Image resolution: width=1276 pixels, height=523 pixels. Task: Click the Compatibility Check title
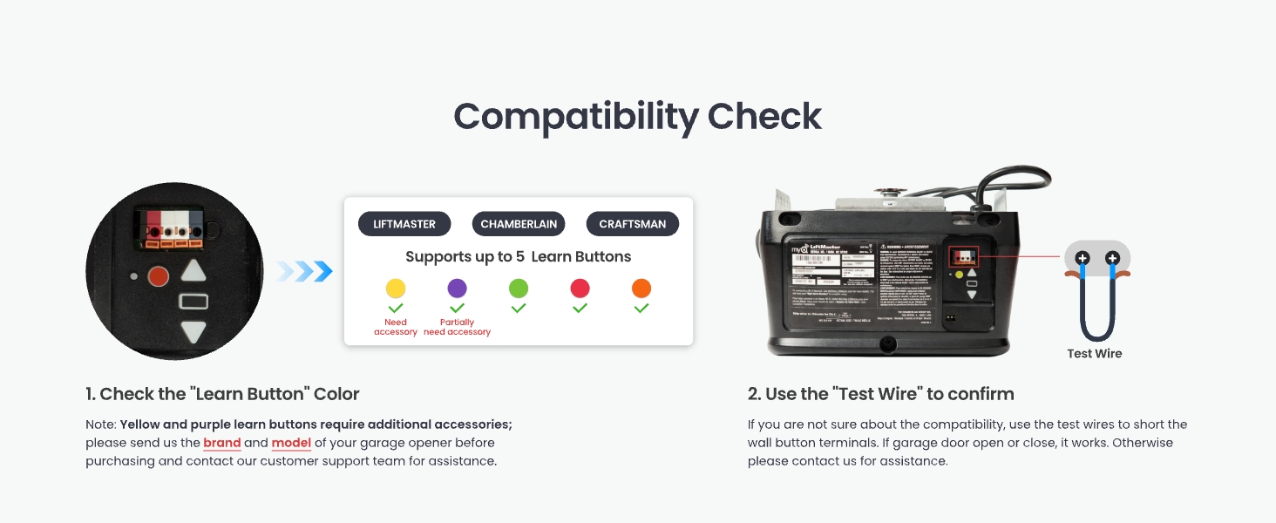click(637, 117)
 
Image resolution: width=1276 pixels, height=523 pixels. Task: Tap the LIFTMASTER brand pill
click(404, 224)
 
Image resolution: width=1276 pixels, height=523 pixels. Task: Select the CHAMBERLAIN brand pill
click(519, 224)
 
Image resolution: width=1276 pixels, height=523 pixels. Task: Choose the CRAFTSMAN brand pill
click(632, 224)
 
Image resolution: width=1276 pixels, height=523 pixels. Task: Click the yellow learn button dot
click(396, 289)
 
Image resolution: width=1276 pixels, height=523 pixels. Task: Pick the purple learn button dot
click(457, 289)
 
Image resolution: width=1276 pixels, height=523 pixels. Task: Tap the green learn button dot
click(519, 289)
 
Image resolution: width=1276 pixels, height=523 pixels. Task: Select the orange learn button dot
click(641, 289)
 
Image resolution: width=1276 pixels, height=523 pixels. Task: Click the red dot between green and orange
click(580, 289)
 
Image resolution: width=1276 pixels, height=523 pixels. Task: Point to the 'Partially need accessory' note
click(457, 327)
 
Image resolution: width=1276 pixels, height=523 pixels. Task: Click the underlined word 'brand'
click(221, 443)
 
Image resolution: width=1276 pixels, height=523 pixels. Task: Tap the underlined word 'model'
click(291, 443)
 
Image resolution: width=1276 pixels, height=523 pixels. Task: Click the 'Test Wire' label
click(1095, 354)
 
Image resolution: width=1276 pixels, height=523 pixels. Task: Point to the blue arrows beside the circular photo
click(305, 272)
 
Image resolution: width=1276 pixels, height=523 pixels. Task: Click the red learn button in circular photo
click(158, 277)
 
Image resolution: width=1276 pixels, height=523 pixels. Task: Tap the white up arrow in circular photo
click(193, 271)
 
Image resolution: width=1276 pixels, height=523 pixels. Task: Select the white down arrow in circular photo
click(193, 332)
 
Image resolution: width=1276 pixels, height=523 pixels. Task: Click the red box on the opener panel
click(963, 256)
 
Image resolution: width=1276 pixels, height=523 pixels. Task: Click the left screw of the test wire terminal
click(1083, 258)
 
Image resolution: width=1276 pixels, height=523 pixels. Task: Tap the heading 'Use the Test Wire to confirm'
click(880, 394)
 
